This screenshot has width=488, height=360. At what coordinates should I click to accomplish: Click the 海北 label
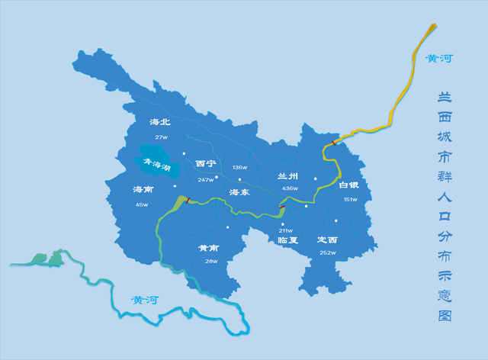pyautogui.click(x=160, y=122)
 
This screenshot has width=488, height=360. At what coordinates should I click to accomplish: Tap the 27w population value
pyautogui.click(x=160, y=137)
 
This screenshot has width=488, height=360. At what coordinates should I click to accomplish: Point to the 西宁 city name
pyautogui.click(x=206, y=164)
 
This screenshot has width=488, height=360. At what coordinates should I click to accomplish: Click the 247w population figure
pyautogui.click(x=206, y=180)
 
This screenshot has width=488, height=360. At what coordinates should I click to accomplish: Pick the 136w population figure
pyautogui.click(x=240, y=167)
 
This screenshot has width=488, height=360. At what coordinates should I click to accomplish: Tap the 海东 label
pyautogui.click(x=240, y=192)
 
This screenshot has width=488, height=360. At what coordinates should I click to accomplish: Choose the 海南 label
pyautogui.click(x=143, y=189)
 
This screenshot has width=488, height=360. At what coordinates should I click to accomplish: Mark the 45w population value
pyautogui.click(x=143, y=204)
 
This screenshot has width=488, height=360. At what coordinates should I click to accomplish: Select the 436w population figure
pyautogui.click(x=289, y=188)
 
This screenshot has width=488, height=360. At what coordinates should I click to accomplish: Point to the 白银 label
pyautogui.click(x=348, y=185)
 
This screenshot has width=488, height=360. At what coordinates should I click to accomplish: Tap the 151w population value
pyautogui.click(x=350, y=199)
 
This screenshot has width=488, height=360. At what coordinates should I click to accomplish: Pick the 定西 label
pyautogui.click(x=328, y=239)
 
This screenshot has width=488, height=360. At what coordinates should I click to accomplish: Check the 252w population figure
pyautogui.click(x=328, y=252)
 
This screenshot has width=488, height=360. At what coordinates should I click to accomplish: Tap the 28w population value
pyautogui.click(x=211, y=262)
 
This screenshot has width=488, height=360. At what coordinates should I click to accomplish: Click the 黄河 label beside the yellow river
pyautogui.click(x=439, y=58)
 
